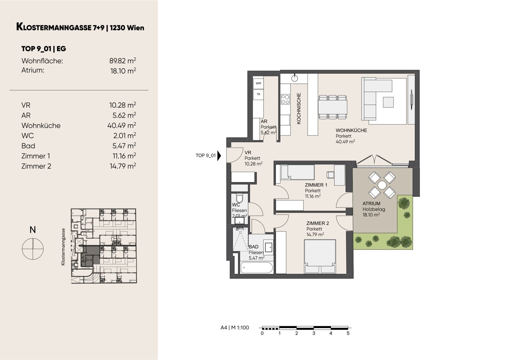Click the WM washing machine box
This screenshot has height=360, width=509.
[258, 83]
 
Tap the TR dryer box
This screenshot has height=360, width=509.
[258, 94]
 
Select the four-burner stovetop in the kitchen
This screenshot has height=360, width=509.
[285, 99]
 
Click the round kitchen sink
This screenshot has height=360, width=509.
[294, 78]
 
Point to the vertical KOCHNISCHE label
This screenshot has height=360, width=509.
[299, 108]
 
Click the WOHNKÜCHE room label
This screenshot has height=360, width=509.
[351, 130]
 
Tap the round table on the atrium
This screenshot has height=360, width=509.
[382, 185]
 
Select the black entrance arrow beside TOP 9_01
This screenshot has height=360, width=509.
[219, 156]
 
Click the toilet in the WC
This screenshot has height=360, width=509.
[240, 198]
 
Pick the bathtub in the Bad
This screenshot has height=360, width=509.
[257, 268]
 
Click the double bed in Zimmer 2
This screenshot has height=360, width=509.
[320, 256]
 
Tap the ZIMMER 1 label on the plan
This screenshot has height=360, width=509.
[316, 185]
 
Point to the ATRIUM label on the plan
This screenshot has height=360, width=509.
[371, 203]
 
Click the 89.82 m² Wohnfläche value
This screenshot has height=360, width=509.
[123, 61]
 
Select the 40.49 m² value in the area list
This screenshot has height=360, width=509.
[122, 125]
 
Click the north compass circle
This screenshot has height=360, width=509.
[33, 249]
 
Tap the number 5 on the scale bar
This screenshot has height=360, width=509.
[348, 333]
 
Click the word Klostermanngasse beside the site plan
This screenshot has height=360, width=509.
[63, 247]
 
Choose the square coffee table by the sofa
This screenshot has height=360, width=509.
[388, 102]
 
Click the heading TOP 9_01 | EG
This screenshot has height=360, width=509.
[44, 49]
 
